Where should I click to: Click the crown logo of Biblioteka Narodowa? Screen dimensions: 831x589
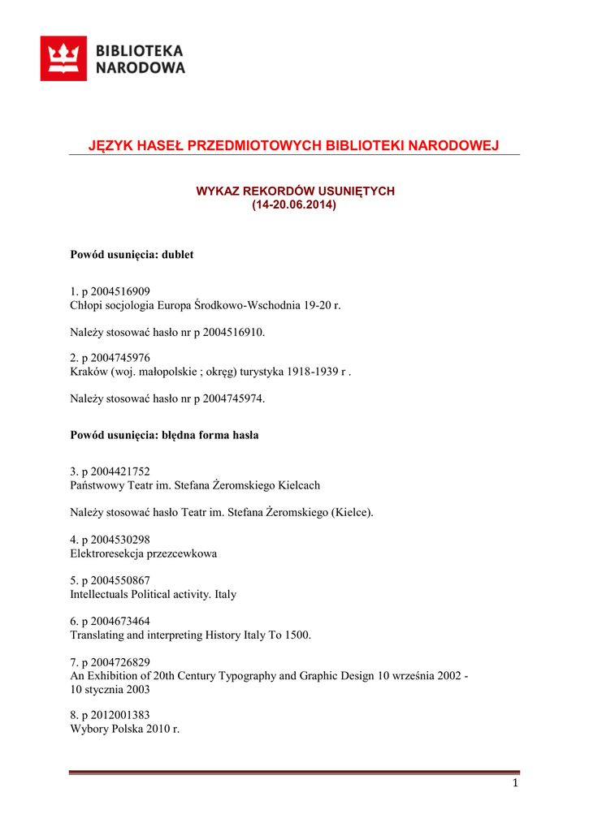tap(63, 58)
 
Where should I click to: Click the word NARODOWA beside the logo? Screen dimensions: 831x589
tap(141, 68)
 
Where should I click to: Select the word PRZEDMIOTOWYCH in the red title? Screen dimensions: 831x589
tap(254, 146)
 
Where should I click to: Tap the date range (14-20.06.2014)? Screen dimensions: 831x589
tap(294, 205)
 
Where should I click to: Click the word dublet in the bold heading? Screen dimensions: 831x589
tap(178, 255)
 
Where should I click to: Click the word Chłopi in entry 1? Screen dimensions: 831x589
tap(88, 306)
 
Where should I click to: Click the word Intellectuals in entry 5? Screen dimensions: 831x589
tap(99, 595)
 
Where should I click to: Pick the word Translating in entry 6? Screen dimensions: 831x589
tap(97, 635)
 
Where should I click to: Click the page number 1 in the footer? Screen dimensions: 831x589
tap(515, 783)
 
